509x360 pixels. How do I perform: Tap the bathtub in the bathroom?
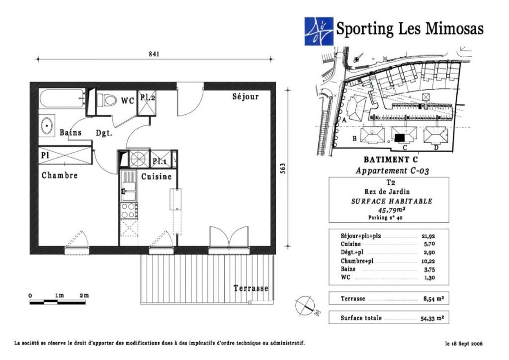pyautogui.click(x=62, y=98)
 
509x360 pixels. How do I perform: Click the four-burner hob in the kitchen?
pyautogui.click(x=129, y=210)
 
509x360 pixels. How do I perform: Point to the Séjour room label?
pyautogui.click(x=246, y=96)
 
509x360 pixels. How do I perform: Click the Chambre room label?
pyautogui.click(x=60, y=176)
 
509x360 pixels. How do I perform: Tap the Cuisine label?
pyautogui.click(x=156, y=177)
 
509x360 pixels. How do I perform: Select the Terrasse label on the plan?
pyautogui.click(x=251, y=288)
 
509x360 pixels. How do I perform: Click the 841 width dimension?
pyautogui.click(x=154, y=54)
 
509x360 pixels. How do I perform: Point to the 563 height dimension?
pyautogui.click(x=282, y=168)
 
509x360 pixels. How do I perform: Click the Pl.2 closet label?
pyautogui.click(x=147, y=97)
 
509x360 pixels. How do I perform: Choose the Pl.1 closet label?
pyautogui.click(x=160, y=161)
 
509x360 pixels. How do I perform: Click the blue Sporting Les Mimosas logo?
pyautogui.click(x=319, y=31)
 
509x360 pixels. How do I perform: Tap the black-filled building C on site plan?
pyautogui.click(x=400, y=138)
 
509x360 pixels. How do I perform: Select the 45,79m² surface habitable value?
pyautogui.click(x=389, y=210)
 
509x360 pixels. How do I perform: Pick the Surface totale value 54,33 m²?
pyautogui.click(x=432, y=318)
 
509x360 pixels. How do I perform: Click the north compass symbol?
pyautogui.click(x=306, y=306)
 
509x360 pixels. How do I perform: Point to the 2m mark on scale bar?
pyautogui.click(x=84, y=295)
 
